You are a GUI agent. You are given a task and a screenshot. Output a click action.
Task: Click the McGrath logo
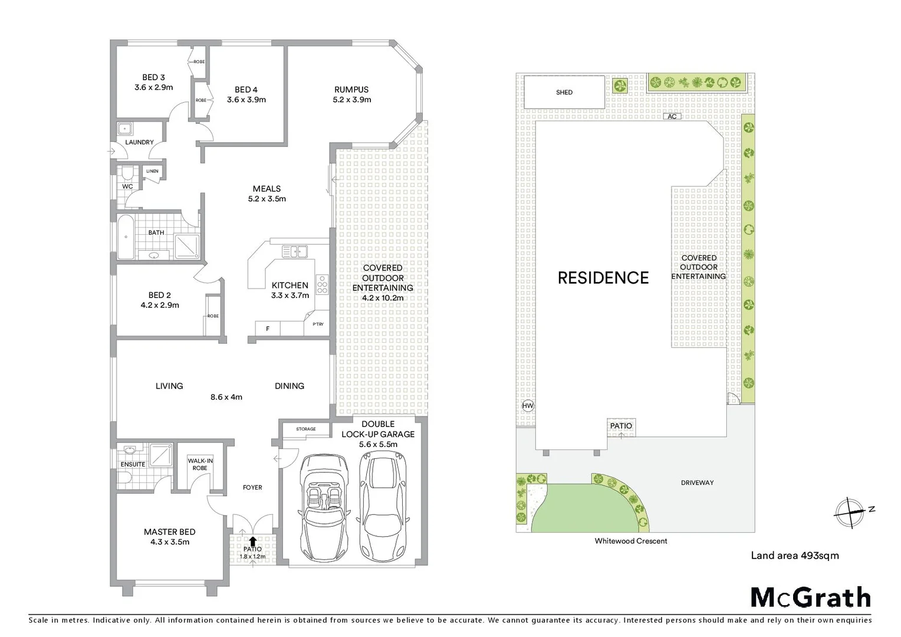[810, 597]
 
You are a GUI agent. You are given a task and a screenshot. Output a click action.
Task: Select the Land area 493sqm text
[794, 555]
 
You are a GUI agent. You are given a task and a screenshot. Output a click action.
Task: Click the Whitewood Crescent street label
[630, 541]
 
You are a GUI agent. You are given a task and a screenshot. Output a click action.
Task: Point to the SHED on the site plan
[564, 93]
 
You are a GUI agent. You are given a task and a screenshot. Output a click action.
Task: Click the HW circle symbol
[527, 406]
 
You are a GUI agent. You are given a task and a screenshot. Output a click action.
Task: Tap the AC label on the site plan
[672, 117]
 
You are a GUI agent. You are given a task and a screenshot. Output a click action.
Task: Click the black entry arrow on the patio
[252, 541]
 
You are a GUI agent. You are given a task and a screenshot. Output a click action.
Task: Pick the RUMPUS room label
[351, 90]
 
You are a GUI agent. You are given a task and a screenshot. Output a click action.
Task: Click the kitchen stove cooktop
[322, 285]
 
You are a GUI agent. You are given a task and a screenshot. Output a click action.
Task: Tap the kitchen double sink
[294, 252]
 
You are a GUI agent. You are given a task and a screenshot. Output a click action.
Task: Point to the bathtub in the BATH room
[126, 238]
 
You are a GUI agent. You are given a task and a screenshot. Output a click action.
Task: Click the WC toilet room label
[127, 186]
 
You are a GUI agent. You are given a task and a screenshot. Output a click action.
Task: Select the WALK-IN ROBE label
[200, 464]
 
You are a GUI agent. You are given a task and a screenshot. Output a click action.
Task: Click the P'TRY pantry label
[318, 324]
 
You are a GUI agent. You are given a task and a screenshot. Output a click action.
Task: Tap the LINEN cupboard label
[152, 172]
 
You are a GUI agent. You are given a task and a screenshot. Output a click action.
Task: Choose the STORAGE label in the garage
[305, 429]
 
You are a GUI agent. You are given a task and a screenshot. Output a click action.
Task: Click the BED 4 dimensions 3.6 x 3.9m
[246, 100]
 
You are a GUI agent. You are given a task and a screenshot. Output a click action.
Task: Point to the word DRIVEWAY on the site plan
[697, 482]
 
